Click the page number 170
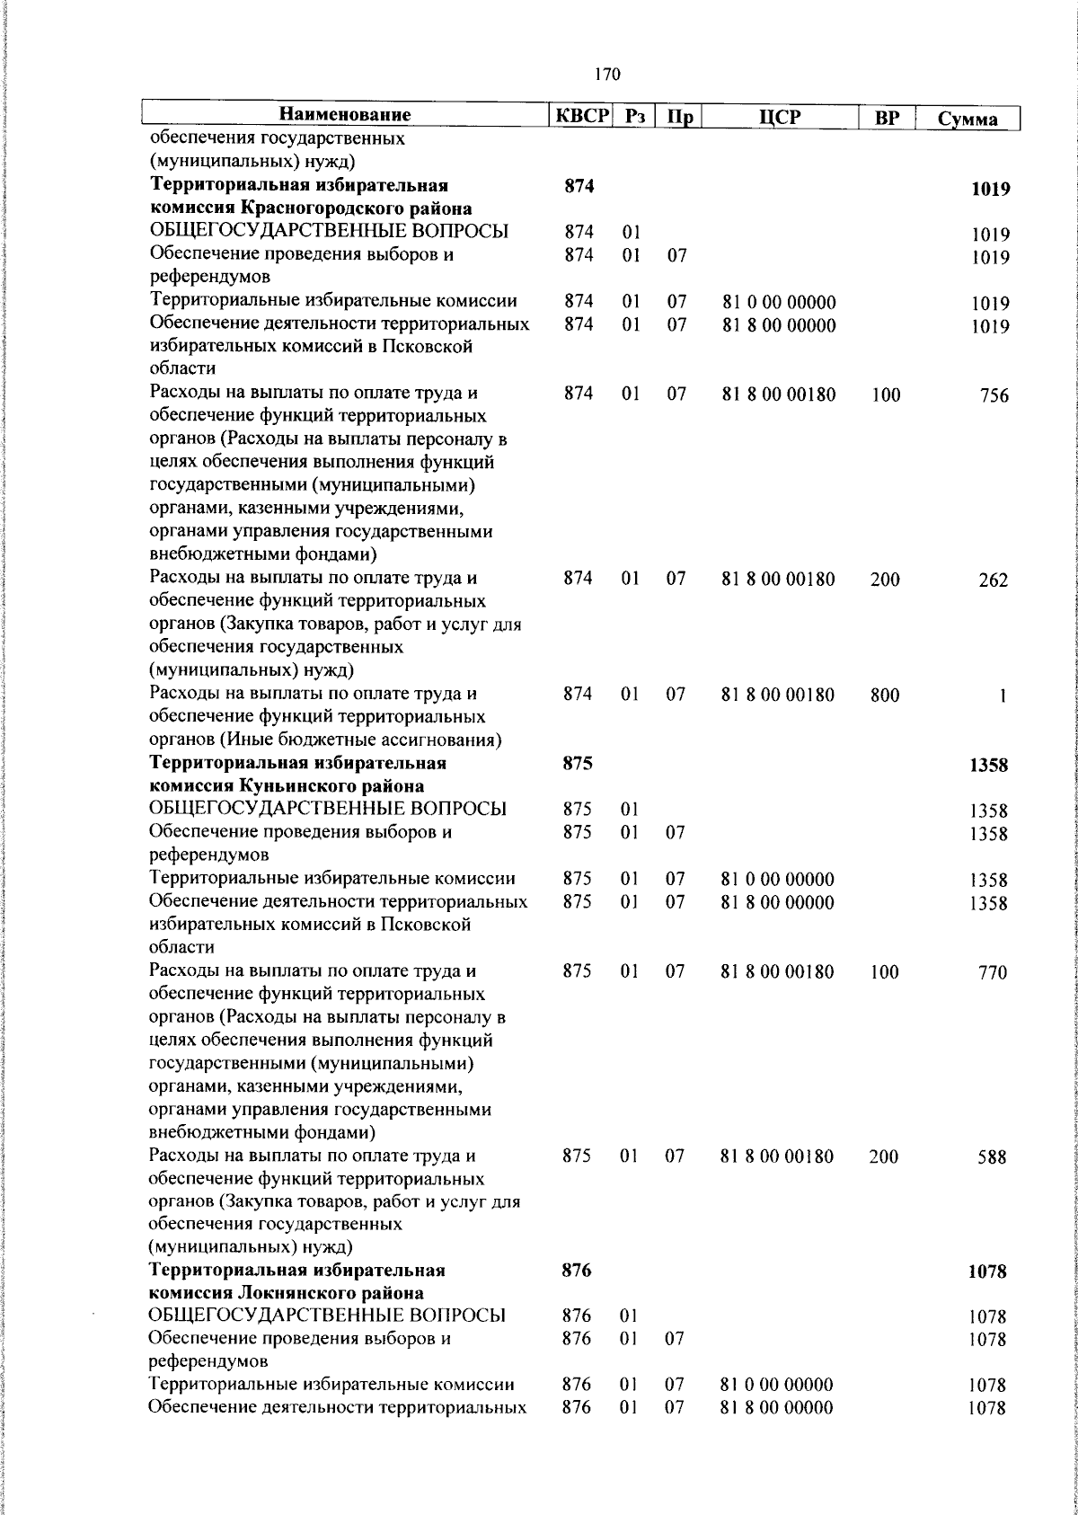(607, 75)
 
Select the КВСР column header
(580, 116)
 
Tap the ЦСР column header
(778, 117)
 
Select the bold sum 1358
(988, 766)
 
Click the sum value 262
(994, 580)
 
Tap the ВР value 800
(884, 695)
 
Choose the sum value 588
(993, 1158)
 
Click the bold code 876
(577, 1271)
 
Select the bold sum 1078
(987, 1272)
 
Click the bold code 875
(578, 764)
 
